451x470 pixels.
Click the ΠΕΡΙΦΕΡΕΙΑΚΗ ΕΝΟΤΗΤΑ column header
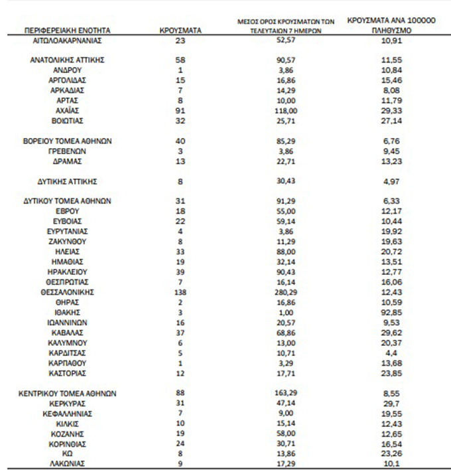click(66, 31)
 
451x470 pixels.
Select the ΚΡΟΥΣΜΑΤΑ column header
click(180, 31)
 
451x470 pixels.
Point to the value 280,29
click(287, 292)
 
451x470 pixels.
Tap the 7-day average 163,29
click(287, 394)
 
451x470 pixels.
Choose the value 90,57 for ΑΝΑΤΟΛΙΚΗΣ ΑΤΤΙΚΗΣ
click(287, 60)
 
